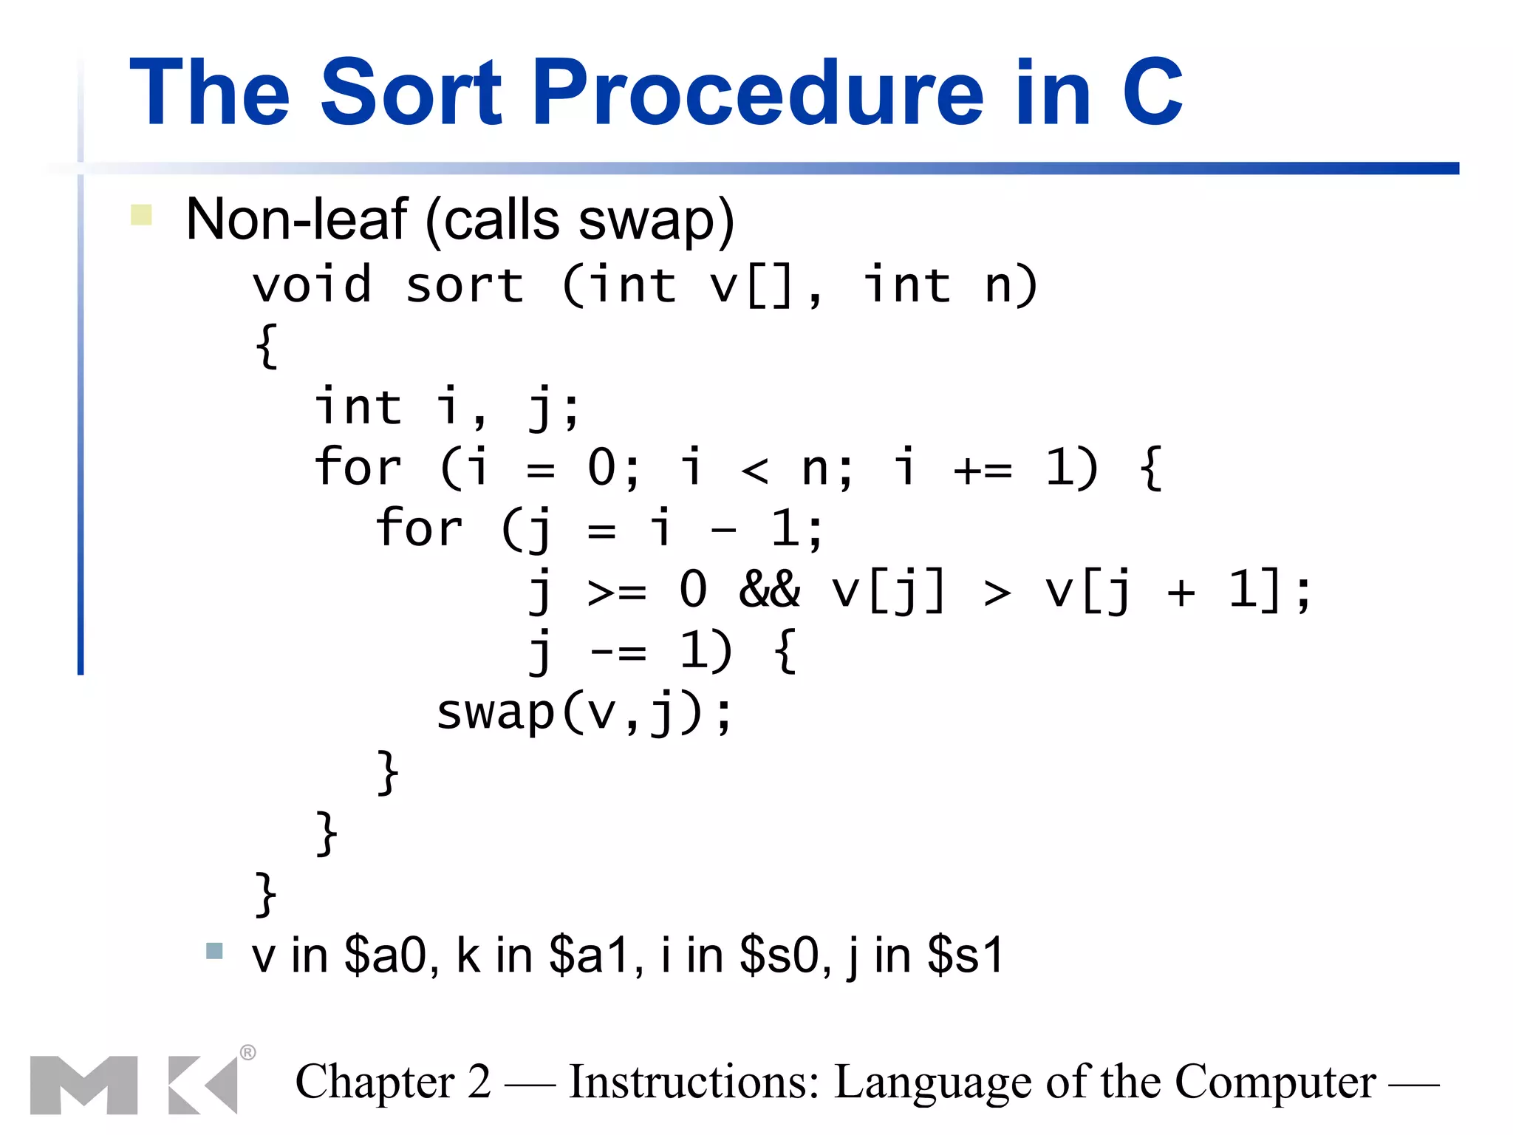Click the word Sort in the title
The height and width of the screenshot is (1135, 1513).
point(410,93)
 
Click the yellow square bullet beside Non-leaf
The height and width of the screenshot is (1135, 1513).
point(141,215)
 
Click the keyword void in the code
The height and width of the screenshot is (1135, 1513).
point(312,285)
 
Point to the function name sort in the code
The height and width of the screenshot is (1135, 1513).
point(465,285)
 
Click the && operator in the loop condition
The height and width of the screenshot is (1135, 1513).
point(769,590)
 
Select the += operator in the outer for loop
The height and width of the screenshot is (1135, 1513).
point(983,468)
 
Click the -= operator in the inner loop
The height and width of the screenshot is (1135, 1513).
point(618,652)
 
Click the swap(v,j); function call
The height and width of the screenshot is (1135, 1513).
point(584,714)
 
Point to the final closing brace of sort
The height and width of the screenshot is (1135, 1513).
point(265,893)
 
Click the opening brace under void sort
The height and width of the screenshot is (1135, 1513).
point(267,346)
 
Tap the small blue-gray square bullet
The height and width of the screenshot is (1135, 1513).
point(214,950)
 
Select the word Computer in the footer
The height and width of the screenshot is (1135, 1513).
point(1275,1082)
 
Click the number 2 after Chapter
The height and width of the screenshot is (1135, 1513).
point(479,1082)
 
